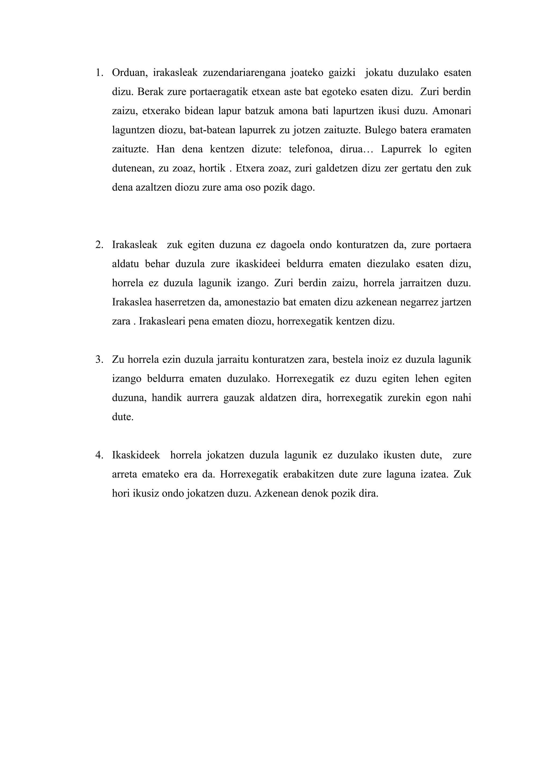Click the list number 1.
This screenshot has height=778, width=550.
pos(99,73)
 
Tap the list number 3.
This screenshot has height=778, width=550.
pos(99,359)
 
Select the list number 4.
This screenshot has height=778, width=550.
pos(99,455)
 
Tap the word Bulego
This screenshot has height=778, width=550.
pos(381,130)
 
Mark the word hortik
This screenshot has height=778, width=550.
pos(212,168)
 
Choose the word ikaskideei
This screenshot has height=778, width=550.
pos(258,264)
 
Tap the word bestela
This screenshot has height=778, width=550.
pos(347,359)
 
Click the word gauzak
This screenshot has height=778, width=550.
pos(239,398)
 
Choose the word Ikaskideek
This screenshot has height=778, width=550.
pos(136,455)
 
